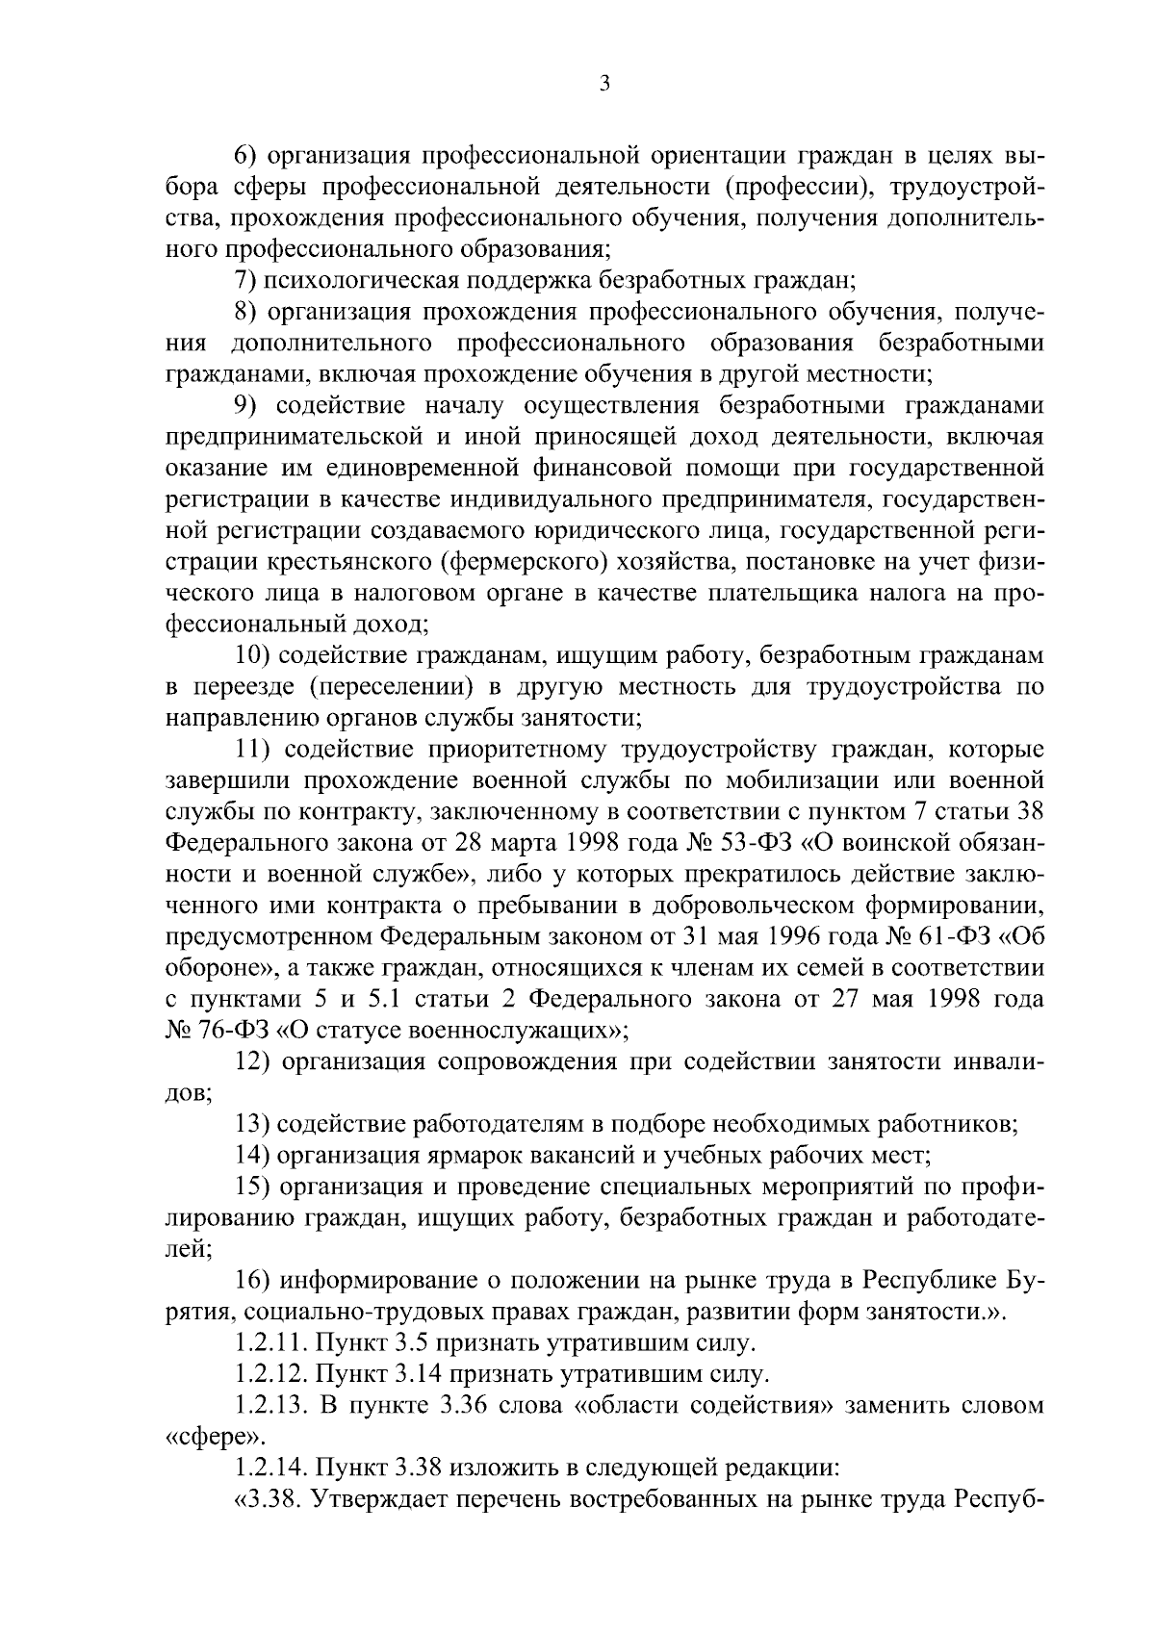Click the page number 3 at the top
603,85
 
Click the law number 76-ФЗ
234,1030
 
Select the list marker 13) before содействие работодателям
252,1123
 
